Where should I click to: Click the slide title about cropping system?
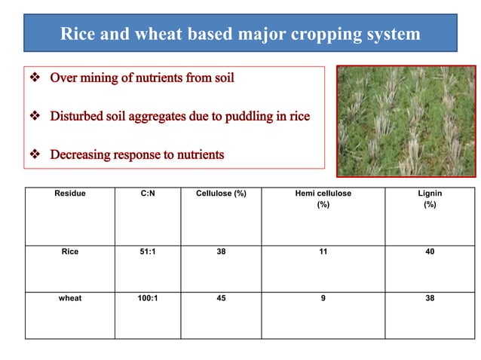(240, 35)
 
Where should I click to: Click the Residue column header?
(70, 194)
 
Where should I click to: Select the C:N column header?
(148, 194)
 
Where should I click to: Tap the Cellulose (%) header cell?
(221, 194)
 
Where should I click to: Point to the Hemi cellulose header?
(323, 194)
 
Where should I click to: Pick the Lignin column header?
(429, 194)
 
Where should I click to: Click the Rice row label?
(70, 252)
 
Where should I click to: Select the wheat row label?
(70, 297)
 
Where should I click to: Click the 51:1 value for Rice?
(148, 252)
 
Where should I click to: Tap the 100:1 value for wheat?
(148, 297)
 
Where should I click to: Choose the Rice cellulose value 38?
(221, 252)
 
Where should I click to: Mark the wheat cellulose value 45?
(221, 297)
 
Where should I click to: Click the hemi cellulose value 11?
(323, 252)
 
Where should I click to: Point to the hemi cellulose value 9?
(323, 297)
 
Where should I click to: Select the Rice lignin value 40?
(429, 252)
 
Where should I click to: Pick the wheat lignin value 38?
(429, 297)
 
